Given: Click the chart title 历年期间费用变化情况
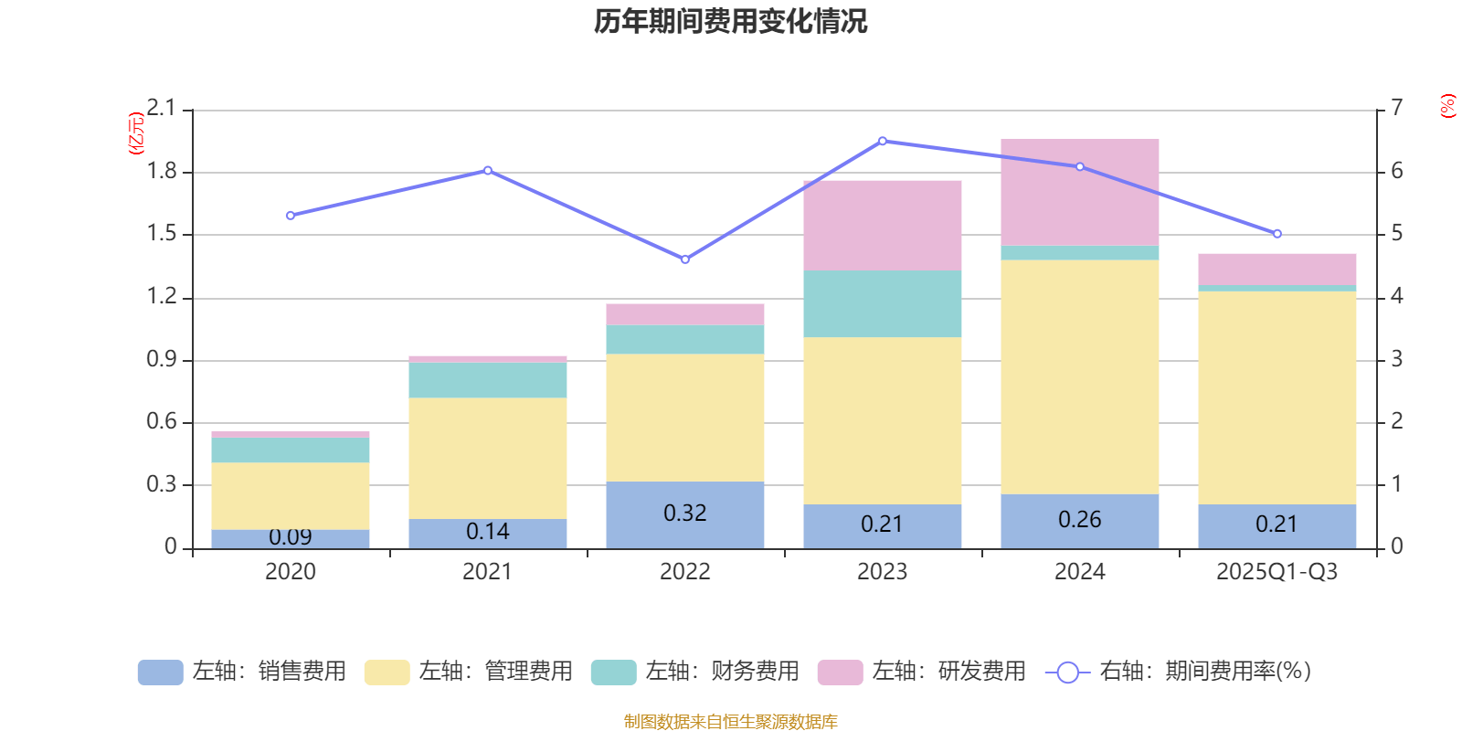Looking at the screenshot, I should tap(730, 21).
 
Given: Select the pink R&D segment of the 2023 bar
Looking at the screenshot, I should tap(883, 225).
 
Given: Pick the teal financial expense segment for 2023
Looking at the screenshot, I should tap(883, 303).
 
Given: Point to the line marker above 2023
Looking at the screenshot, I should tap(883, 142).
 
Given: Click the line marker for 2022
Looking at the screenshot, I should tap(685, 260).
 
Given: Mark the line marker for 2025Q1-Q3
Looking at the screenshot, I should tap(1277, 234).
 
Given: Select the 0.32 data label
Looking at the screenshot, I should tap(685, 514).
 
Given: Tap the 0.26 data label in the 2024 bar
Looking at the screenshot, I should tap(1080, 520).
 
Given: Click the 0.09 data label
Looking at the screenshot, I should tap(291, 537).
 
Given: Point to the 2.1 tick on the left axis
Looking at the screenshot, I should tap(161, 109).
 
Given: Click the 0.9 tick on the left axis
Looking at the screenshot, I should tap(161, 359).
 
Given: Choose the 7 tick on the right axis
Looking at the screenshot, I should tap(1397, 108).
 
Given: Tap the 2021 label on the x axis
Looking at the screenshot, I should tap(487, 572).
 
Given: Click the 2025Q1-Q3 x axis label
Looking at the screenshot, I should tap(1277, 572).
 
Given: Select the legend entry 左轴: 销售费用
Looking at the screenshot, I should tap(243, 672).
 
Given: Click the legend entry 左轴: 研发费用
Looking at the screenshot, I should tap(923, 672).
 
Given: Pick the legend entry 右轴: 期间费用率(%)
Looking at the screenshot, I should tap(1179, 672).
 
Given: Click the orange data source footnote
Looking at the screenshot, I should tap(730, 722).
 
